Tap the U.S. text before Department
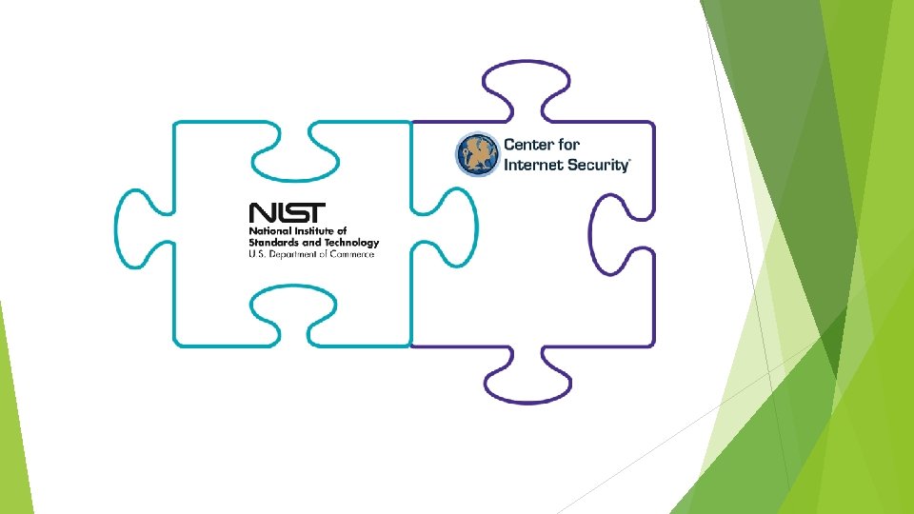click(257, 254)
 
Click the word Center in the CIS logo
click(529, 145)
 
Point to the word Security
click(596, 165)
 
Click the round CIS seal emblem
click(477, 154)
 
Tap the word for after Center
click(569, 145)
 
